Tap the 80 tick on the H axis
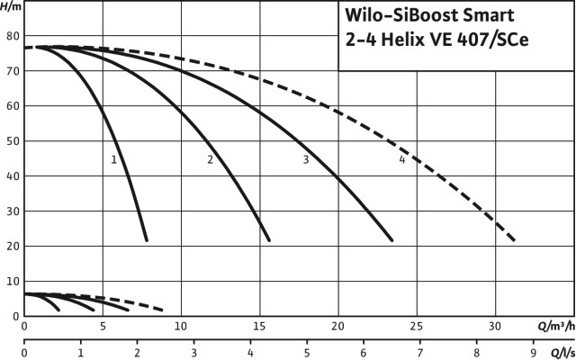13,36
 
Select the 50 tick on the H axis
13,141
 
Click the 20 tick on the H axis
13,246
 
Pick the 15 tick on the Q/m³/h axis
260,326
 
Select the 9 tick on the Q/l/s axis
534,353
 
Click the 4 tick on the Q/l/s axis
250,353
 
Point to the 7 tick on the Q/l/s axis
420,353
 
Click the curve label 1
114,159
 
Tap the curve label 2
210,160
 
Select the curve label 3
306,160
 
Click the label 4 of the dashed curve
401,160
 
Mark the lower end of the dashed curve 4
514,240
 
